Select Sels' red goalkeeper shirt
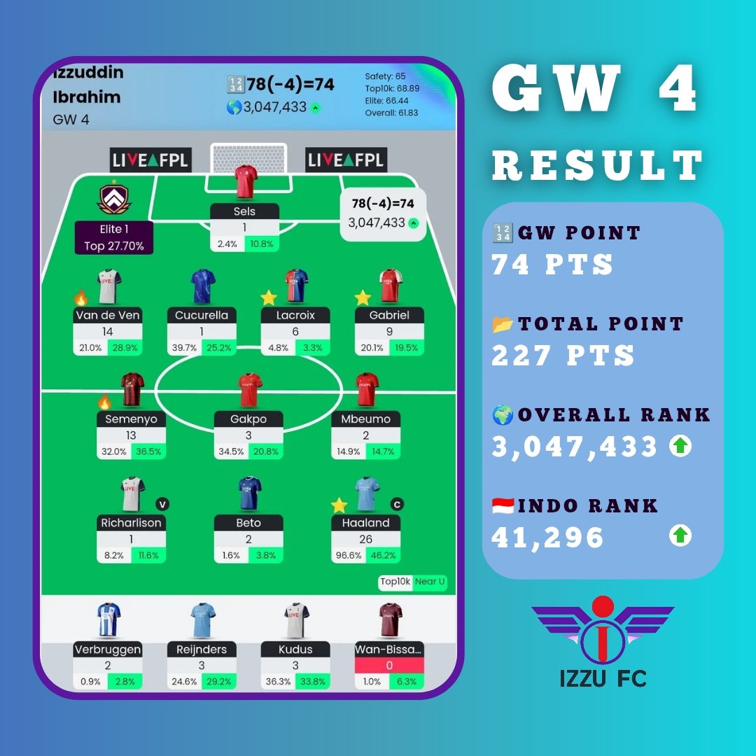pyautogui.click(x=246, y=183)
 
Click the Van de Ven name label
pyautogui.click(x=107, y=315)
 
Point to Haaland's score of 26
pyautogui.click(x=365, y=540)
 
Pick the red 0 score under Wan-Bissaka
pyautogui.click(x=389, y=666)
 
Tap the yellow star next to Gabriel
pyautogui.click(x=362, y=297)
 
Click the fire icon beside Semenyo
pyautogui.click(x=104, y=402)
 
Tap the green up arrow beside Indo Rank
pyautogui.click(x=680, y=536)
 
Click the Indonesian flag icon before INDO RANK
pyautogui.click(x=503, y=505)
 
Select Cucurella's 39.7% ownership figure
pyautogui.click(x=184, y=347)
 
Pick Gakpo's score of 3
pyautogui.click(x=248, y=435)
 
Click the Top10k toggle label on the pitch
pyautogui.click(x=395, y=581)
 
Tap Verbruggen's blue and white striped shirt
pyautogui.click(x=108, y=620)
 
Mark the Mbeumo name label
pyautogui.click(x=365, y=419)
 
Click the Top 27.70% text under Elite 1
pyautogui.click(x=114, y=246)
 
